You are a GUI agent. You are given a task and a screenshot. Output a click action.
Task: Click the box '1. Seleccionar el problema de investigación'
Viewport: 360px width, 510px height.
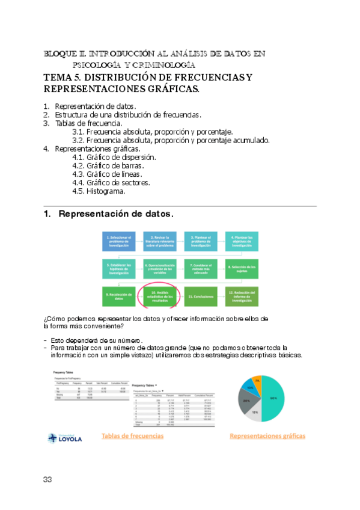120,242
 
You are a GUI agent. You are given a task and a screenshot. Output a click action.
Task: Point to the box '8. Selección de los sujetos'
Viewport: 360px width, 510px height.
242,268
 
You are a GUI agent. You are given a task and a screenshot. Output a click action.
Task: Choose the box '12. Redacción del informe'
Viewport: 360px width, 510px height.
242,296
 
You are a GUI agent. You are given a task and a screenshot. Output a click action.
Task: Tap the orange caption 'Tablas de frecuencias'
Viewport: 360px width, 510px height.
132,435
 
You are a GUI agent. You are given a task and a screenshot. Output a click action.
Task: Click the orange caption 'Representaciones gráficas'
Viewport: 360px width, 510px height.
267,435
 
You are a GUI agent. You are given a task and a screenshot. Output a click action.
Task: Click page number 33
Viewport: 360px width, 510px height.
48,479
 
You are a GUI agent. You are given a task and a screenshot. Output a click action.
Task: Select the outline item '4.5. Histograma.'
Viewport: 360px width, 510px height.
99,191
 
